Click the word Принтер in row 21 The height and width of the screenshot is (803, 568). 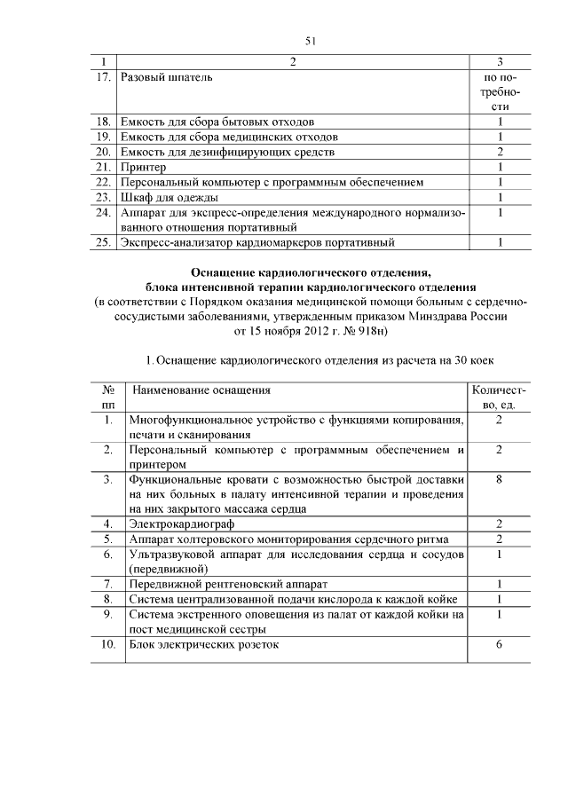point(143,167)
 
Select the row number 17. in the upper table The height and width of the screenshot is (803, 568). point(103,77)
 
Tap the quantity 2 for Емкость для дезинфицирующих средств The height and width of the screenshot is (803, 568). point(501,152)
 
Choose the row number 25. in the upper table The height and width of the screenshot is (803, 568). point(103,242)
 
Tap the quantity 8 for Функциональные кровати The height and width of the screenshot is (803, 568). point(500,479)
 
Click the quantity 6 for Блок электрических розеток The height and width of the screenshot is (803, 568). point(500,644)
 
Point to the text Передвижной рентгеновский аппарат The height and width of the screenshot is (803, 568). point(228,584)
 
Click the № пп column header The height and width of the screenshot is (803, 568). point(108,397)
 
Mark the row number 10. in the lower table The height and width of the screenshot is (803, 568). point(107,644)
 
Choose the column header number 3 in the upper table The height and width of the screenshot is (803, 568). point(501,61)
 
